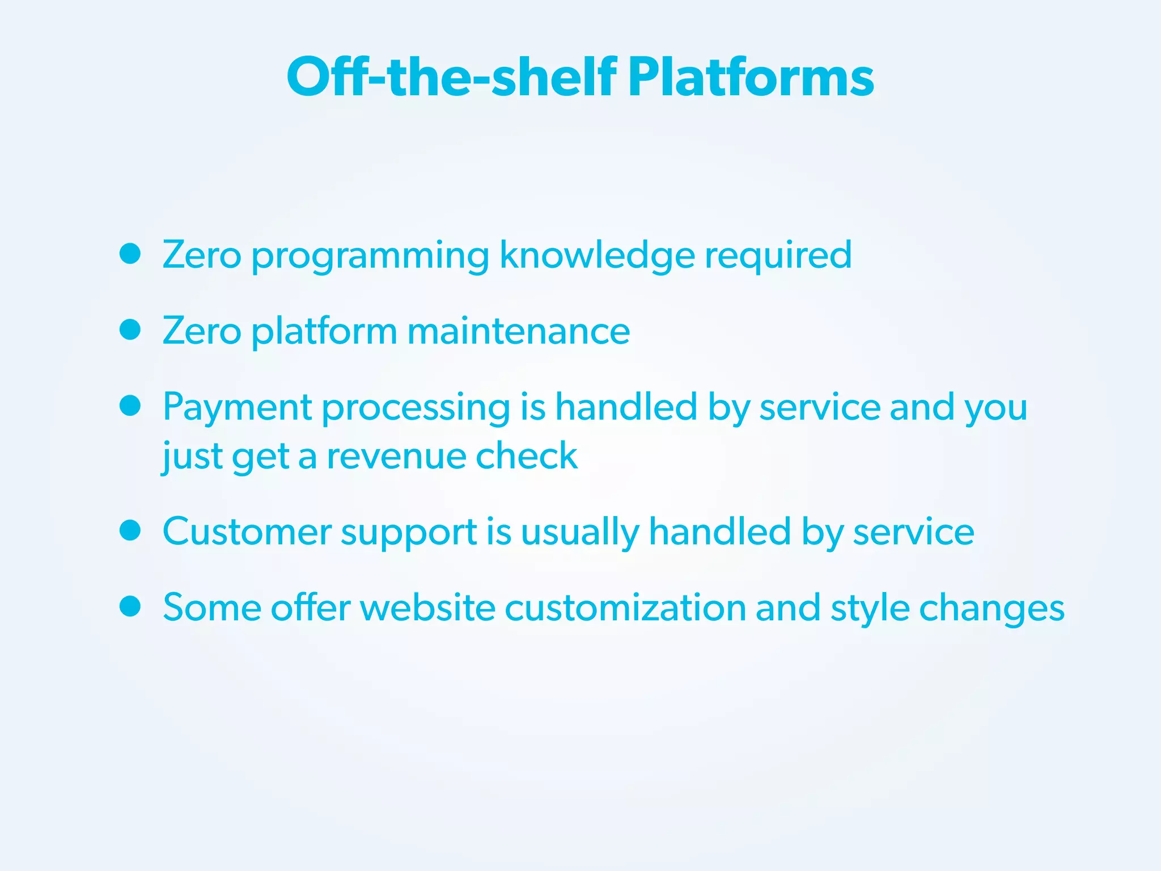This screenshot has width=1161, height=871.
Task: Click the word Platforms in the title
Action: pyautogui.click(x=751, y=77)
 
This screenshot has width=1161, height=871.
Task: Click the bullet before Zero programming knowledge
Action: pyautogui.click(x=130, y=254)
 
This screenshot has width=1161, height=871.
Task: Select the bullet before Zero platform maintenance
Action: pyautogui.click(x=130, y=329)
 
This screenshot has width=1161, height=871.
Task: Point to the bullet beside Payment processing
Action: pyautogui.click(x=130, y=406)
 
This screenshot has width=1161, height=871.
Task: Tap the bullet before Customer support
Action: pyautogui.click(x=130, y=531)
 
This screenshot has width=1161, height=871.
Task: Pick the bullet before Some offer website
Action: pyautogui.click(x=130, y=607)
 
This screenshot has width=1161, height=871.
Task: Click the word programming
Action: pyautogui.click(x=370, y=256)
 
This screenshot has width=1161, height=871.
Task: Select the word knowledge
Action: pyautogui.click(x=596, y=256)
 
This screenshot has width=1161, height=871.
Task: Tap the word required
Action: pyautogui.click(x=778, y=256)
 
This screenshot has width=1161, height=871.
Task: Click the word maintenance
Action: pyautogui.click(x=518, y=331)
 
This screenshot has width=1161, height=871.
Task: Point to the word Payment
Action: pyautogui.click(x=237, y=408)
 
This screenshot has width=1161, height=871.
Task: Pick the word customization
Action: pyautogui.click(x=625, y=608)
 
